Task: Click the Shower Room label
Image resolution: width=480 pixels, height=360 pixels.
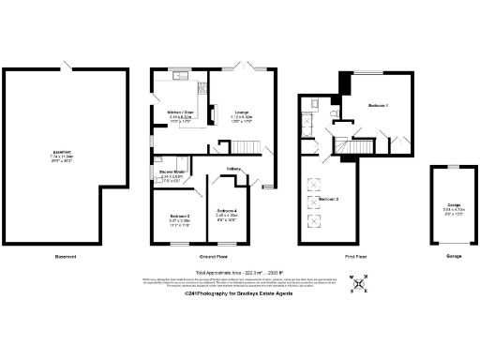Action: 171,172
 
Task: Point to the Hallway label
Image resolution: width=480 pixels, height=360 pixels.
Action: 233,169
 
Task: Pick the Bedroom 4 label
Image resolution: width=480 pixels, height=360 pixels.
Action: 227,210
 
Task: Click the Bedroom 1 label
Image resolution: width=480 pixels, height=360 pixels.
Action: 378,105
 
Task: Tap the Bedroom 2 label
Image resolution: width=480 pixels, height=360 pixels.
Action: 327,201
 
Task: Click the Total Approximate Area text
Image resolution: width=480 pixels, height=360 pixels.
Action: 239,272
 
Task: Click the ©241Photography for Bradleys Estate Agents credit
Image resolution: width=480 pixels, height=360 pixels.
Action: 239,298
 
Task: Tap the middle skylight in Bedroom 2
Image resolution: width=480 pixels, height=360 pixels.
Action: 313,200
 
